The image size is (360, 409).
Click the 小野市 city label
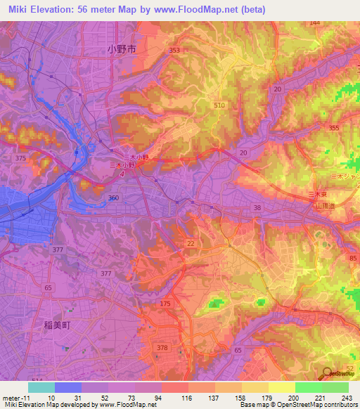click(121, 50)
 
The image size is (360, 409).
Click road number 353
click(174, 50)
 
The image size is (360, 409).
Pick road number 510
click(219, 105)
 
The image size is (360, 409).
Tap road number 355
click(333, 127)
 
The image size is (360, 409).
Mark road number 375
click(20, 159)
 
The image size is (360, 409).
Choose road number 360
click(112, 198)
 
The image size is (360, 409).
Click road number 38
click(257, 207)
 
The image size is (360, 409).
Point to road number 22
click(191, 243)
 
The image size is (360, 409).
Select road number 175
click(165, 303)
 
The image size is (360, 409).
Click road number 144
click(314, 22)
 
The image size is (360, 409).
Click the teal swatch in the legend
click(41, 387)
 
